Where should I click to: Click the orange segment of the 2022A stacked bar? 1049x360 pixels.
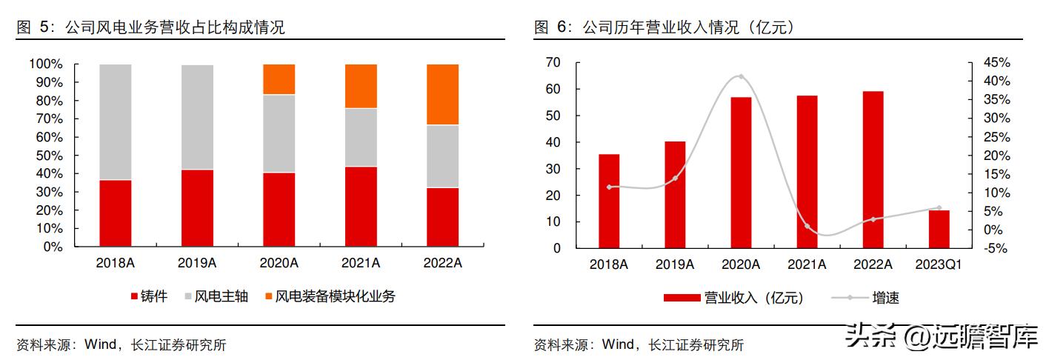pyautogui.click(x=442, y=94)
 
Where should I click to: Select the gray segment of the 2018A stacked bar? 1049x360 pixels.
pyautogui.click(x=115, y=122)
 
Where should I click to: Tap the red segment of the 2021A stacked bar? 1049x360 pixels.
pyautogui.click(x=361, y=207)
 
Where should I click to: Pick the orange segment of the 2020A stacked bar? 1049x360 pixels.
pyautogui.click(x=279, y=79)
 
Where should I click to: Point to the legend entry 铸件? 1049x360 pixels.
pyautogui.click(x=149, y=297)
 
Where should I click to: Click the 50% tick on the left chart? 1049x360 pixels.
pyautogui.click(x=46, y=156)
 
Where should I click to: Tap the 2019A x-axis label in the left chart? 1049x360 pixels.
pyautogui.click(x=197, y=263)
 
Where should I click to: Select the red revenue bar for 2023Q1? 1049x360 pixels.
pyautogui.click(x=939, y=229)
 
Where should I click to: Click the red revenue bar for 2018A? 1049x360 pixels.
pyautogui.click(x=609, y=201)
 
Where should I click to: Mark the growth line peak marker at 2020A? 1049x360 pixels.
pyautogui.click(x=741, y=76)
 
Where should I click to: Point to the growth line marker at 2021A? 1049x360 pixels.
pyautogui.click(x=807, y=226)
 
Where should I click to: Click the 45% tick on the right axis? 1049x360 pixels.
pyautogui.click(x=996, y=62)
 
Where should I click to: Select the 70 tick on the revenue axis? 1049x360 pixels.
pyautogui.click(x=553, y=62)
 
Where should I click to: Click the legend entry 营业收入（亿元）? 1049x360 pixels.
pyautogui.click(x=733, y=299)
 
